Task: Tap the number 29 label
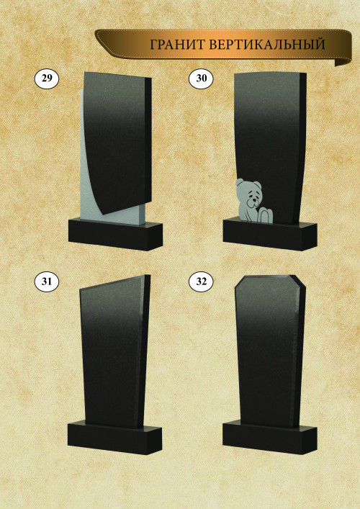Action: coord(47,78)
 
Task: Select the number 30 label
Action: coord(202,78)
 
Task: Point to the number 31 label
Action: coord(47,281)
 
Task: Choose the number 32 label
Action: coord(202,281)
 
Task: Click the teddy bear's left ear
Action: coord(240,182)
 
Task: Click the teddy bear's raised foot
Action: coord(265,216)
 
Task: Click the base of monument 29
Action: coord(116,235)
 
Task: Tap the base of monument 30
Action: coord(270,235)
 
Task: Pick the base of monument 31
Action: coord(114,438)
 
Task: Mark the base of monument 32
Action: coord(270,437)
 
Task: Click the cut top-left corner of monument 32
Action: coord(240,281)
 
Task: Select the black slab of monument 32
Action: coord(270,351)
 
